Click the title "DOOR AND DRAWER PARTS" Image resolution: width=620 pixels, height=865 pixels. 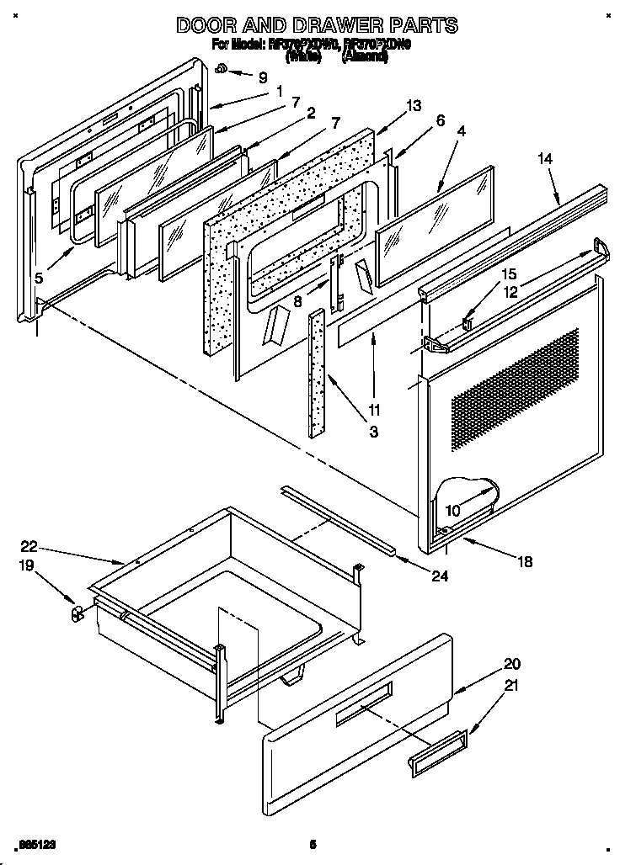(x=317, y=25)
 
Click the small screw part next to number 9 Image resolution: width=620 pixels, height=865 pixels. (x=220, y=69)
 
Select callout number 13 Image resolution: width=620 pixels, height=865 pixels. (x=412, y=106)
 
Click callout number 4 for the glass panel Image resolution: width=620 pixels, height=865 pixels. (x=440, y=120)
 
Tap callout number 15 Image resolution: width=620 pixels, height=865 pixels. (x=508, y=274)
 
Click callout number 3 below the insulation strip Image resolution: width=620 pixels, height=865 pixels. (x=373, y=432)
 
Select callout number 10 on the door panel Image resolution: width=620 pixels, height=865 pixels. (x=452, y=510)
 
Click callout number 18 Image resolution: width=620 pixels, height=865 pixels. (x=525, y=562)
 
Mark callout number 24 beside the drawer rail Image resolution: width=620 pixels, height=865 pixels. (x=440, y=576)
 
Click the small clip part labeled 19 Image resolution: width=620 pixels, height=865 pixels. (x=77, y=613)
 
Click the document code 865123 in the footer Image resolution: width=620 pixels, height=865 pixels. (x=38, y=843)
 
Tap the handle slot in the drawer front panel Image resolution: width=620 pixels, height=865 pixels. (x=363, y=705)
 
